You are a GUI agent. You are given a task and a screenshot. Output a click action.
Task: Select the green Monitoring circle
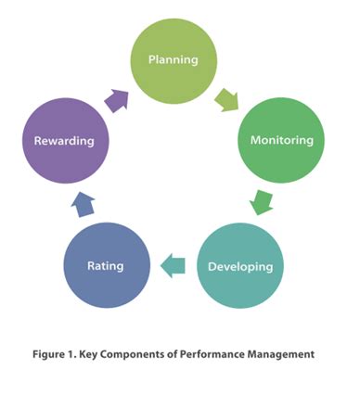coord(282,140)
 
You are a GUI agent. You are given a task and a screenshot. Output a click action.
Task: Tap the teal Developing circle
coord(240,266)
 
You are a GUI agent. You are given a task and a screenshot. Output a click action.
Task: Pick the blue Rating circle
coord(106,266)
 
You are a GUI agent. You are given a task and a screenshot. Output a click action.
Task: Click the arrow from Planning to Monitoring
coord(226,96)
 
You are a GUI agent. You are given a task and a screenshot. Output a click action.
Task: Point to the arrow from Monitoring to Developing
coord(264,200)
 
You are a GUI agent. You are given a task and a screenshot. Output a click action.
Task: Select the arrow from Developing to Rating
coord(173,267)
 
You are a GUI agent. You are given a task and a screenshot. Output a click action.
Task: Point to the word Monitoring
coord(282,140)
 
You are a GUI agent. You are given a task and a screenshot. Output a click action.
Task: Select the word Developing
coord(240,267)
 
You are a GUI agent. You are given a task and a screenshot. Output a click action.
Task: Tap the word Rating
coord(106,266)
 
